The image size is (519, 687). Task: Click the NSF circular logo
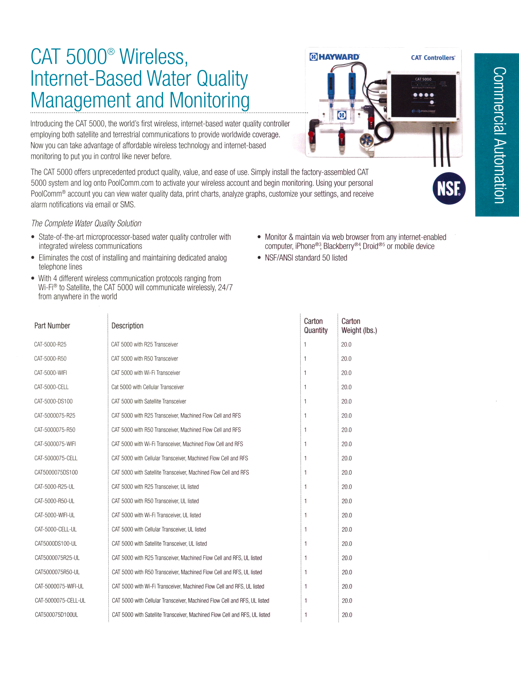click(449, 189)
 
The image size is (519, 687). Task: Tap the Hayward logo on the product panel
click(334, 57)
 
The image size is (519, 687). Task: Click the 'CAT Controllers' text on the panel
click(433, 58)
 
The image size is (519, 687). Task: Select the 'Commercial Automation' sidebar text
click(499, 135)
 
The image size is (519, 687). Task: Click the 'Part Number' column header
click(52, 325)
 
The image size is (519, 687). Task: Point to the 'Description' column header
click(127, 325)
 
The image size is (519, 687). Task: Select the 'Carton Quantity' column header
click(316, 325)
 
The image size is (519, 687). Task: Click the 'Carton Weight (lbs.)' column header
click(359, 325)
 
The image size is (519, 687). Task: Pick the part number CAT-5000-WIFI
click(50, 373)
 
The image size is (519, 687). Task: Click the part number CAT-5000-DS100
click(53, 401)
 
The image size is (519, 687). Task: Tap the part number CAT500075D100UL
click(56, 615)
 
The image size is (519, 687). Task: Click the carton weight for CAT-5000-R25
click(346, 344)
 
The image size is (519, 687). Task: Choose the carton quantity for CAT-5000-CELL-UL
click(306, 529)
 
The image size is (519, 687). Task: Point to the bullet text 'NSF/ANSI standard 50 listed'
click(306, 258)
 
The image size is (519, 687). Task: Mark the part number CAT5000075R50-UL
click(57, 572)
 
